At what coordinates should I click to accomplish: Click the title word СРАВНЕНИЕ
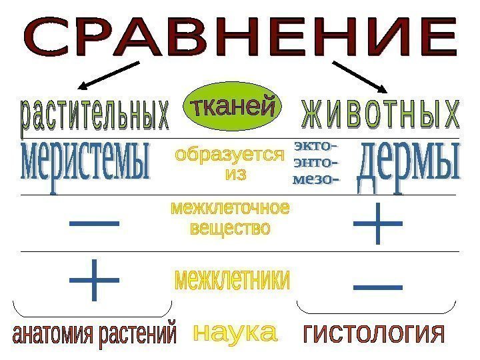pyautogui.click(x=240, y=38)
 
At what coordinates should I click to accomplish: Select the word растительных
pyautogui.click(x=94, y=115)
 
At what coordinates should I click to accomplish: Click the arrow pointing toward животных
pyautogui.click(x=360, y=77)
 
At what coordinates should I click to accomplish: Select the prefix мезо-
pyautogui.click(x=315, y=179)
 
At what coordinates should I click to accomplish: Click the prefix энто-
pyautogui.click(x=315, y=161)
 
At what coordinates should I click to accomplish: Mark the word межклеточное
pyautogui.click(x=231, y=209)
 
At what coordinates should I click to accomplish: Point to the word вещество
pyautogui.click(x=231, y=229)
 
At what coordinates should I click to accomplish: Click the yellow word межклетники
pyautogui.click(x=233, y=280)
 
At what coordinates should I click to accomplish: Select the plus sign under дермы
pyautogui.click(x=378, y=224)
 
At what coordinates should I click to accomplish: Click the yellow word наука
pyautogui.click(x=234, y=332)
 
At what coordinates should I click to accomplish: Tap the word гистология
pyautogui.click(x=374, y=333)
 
